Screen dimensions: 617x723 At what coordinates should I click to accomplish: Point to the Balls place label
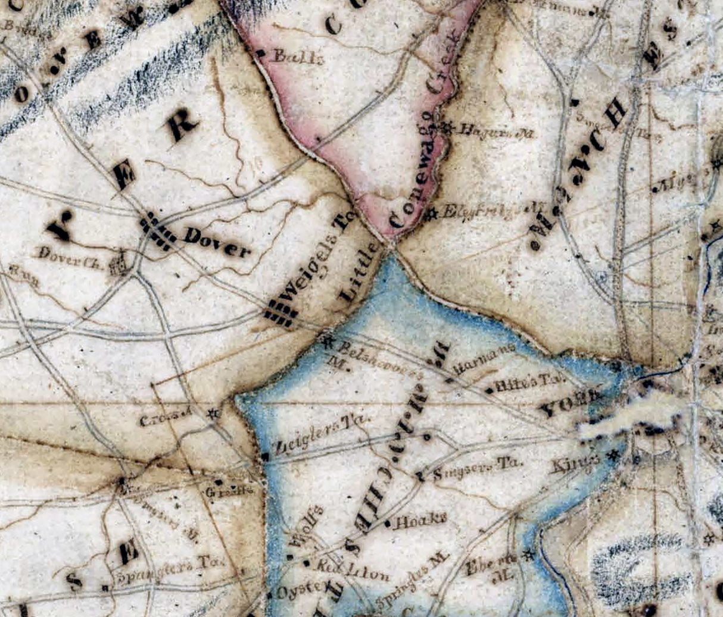pyautogui.click(x=291, y=57)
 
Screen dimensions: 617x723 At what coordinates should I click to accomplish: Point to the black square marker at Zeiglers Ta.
pyautogui.click(x=264, y=456)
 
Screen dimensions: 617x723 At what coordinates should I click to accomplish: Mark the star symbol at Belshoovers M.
pyautogui.click(x=327, y=343)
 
